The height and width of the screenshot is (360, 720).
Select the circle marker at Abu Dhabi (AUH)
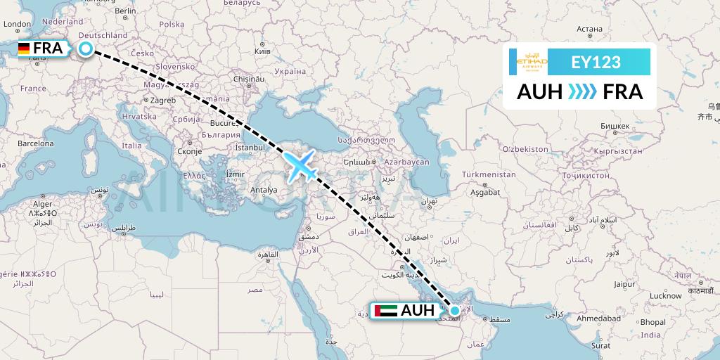(455, 310)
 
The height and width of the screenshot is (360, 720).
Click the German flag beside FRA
(24, 49)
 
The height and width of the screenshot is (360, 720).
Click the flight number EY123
(596, 62)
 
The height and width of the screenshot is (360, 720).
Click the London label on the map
(18, 24)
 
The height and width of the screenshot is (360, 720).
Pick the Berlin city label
(125, 11)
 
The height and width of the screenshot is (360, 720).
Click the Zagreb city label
(162, 101)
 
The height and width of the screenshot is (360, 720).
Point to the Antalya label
(264, 190)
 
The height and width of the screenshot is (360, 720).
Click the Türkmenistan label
(489, 174)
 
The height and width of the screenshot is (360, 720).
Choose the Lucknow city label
(666, 296)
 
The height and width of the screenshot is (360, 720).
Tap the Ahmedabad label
(598, 319)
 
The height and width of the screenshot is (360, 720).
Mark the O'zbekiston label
(525, 149)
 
